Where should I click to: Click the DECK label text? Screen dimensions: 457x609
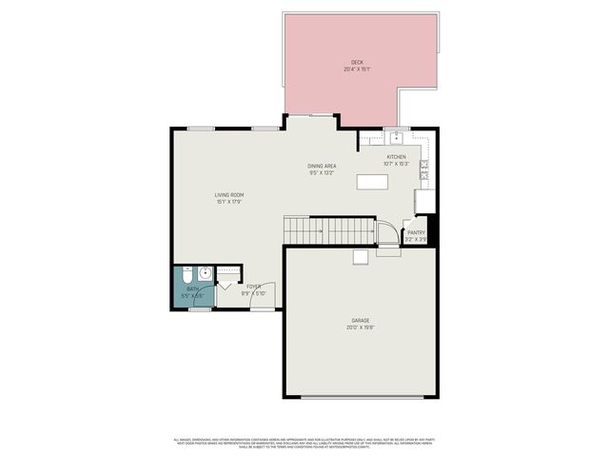coord(358,63)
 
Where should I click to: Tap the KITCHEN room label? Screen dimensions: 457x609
coord(396,157)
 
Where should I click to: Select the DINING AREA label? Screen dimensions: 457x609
coord(321,166)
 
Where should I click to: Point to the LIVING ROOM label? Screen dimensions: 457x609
coord(229,195)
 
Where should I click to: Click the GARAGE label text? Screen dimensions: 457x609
coord(360,320)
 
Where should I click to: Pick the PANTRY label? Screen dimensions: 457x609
coord(416,232)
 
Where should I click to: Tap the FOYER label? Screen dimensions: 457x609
coord(254,286)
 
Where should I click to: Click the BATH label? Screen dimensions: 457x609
coord(192,288)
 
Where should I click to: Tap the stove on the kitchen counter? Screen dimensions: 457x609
coord(424,169)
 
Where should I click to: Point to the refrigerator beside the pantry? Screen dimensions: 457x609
coord(424,201)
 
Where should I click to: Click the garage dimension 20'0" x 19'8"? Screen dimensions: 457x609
coord(360,328)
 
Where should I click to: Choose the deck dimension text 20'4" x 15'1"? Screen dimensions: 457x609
coord(358,70)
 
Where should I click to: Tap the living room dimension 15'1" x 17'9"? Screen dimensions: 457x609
coord(229,202)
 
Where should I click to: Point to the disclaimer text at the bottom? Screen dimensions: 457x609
coord(304,443)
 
